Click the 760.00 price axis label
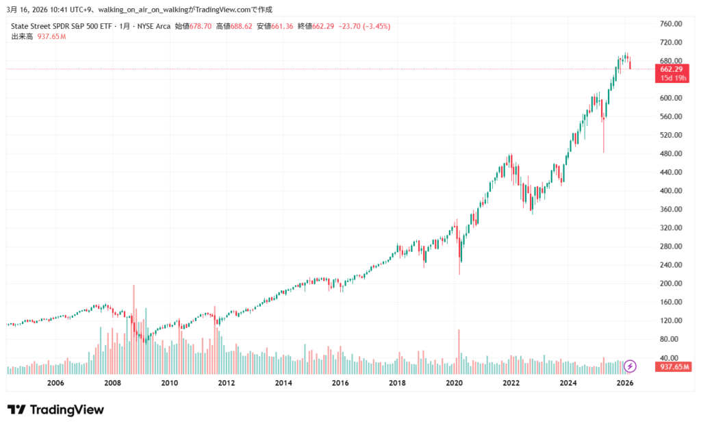coord(670,23)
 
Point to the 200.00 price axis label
coord(670,283)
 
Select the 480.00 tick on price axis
coord(670,153)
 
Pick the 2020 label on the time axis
coord(454,383)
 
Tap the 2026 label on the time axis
coord(624,383)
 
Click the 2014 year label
coord(283,383)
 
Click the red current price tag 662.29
coord(670,69)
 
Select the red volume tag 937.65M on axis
coord(672,367)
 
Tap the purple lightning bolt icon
coord(630,366)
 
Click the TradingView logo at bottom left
coord(55,410)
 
